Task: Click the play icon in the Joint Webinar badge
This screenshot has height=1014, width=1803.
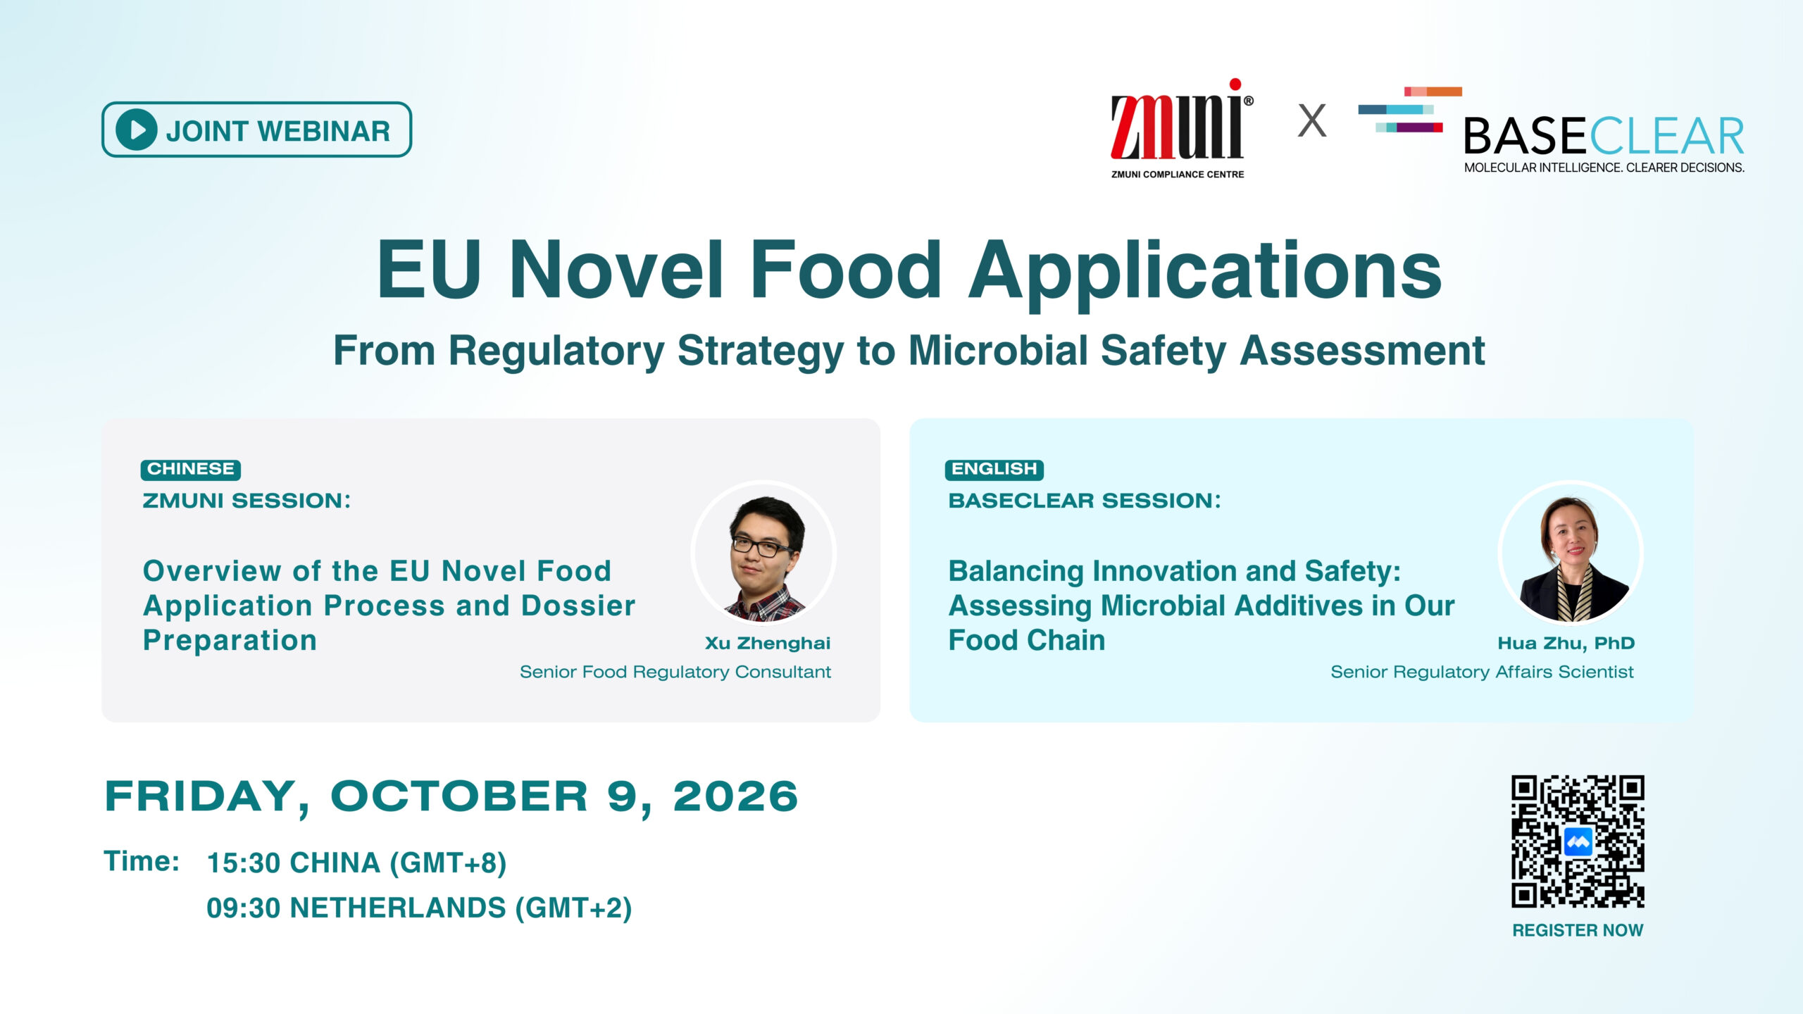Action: [x=136, y=130]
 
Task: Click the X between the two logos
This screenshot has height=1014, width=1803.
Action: [x=1311, y=120]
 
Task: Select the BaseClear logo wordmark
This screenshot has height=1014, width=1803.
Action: [x=1604, y=136]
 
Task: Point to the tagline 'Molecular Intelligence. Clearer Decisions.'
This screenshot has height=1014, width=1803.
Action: [x=1604, y=168]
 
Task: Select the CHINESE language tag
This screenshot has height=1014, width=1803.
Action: [x=191, y=469]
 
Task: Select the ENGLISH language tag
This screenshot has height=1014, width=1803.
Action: [x=994, y=469]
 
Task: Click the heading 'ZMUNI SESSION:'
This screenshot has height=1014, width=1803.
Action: [x=247, y=501]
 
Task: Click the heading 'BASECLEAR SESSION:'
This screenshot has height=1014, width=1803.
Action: [x=1085, y=501]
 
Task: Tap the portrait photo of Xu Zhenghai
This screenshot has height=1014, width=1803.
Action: [x=764, y=553]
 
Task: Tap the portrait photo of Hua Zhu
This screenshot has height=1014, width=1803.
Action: [x=1571, y=553]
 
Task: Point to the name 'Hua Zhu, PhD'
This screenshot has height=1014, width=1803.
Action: [x=1566, y=643]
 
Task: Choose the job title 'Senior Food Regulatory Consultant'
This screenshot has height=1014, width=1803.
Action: [x=675, y=672]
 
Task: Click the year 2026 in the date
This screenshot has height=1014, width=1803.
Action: [x=735, y=796]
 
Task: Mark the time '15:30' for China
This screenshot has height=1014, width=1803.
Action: [x=244, y=863]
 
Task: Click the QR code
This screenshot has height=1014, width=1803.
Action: [x=1578, y=841]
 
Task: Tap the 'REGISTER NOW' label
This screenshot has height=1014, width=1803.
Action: [x=1578, y=930]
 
